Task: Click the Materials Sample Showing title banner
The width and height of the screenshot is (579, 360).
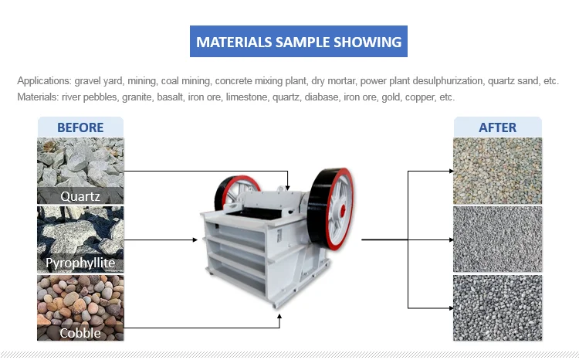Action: [299, 41]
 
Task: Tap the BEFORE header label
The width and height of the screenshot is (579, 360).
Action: [80, 127]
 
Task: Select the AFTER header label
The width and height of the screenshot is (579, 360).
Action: [497, 127]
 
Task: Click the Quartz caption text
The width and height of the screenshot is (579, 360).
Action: [80, 195]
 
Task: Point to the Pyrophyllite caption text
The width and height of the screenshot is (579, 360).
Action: [80, 263]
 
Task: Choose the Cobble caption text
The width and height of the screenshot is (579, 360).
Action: [80, 333]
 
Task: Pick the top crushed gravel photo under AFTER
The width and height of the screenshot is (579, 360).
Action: [497, 171]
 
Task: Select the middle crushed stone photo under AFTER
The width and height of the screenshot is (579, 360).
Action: [497, 239]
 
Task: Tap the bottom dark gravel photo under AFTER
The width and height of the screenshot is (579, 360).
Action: [497, 307]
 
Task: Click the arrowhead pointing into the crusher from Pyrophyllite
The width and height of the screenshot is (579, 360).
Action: [195, 240]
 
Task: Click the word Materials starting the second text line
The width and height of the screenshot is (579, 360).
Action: [38, 97]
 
